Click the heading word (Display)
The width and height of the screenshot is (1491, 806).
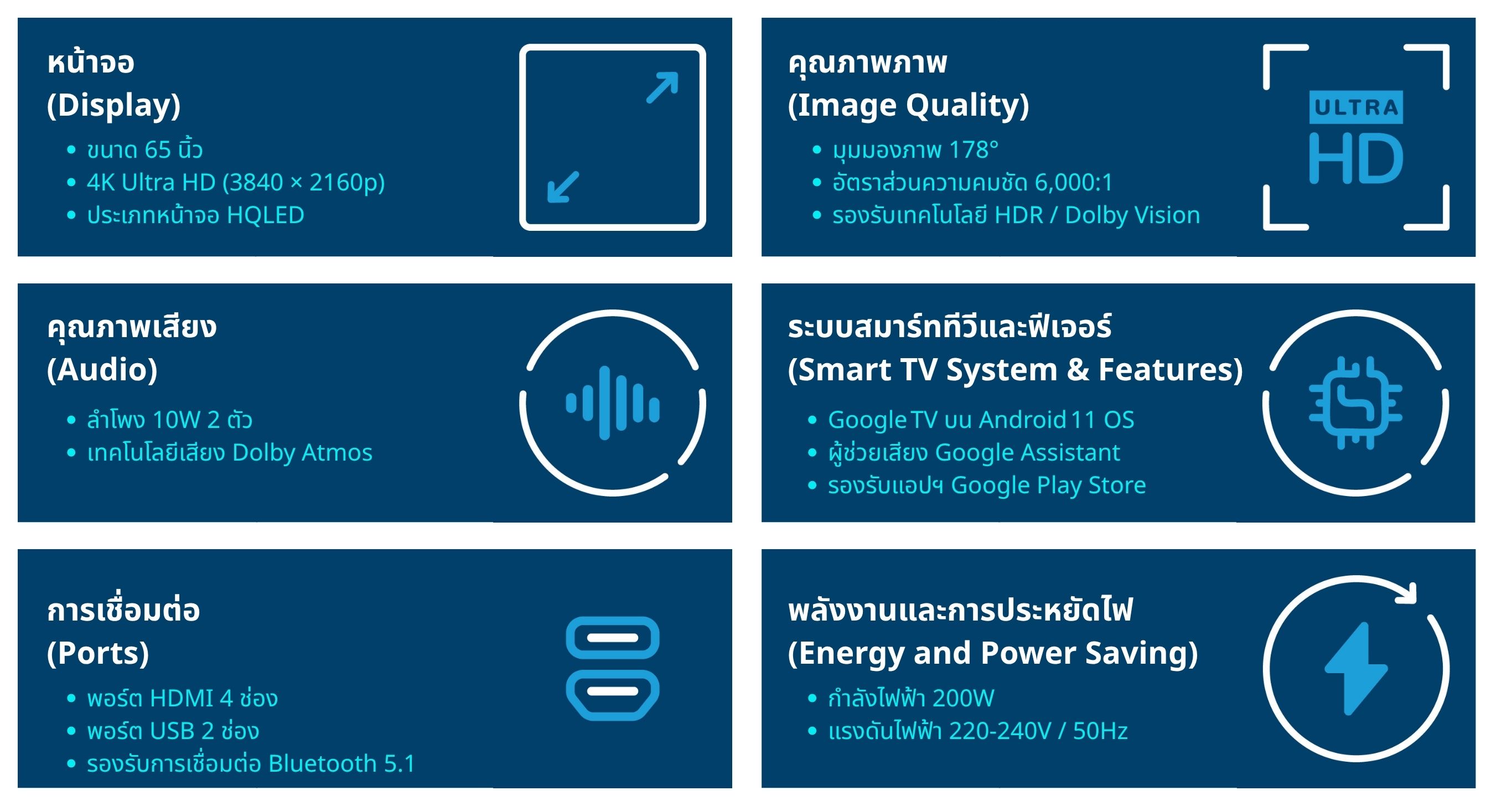[114, 105]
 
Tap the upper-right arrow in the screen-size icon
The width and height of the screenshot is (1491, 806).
[662, 87]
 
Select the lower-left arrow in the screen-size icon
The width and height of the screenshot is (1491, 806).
[563, 187]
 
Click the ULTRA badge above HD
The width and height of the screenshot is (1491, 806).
[1355, 107]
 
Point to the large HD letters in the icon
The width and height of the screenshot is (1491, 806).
[1356, 158]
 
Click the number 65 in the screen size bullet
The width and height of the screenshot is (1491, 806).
[157, 150]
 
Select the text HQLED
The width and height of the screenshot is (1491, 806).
[266, 215]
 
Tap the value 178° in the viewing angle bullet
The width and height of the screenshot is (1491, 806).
[974, 150]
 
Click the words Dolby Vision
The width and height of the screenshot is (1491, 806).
[1133, 215]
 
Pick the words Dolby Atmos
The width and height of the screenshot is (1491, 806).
[302, 453]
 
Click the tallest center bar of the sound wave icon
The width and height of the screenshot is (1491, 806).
[605, 403]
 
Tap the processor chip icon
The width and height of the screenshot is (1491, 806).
[1355, 403]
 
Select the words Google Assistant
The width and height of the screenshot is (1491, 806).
[1027, 453]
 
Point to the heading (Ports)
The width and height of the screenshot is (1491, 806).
[98, 653]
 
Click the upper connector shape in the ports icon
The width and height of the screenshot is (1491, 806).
[612, 638]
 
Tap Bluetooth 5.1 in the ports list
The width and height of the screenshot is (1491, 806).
[342, 764]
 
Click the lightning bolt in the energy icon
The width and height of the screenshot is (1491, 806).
[1356, 669]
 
